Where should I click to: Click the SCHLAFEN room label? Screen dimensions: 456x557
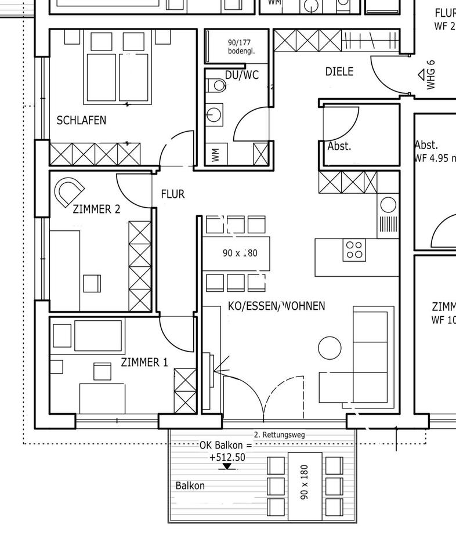coord(81,121)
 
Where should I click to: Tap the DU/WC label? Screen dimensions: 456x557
coord(242,75)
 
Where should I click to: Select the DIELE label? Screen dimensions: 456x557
coord(339,72)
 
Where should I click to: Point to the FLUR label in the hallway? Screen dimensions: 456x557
coord(173,194)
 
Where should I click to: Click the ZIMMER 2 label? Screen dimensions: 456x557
coord(96,209)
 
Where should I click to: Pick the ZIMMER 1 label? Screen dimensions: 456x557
coord(144,363)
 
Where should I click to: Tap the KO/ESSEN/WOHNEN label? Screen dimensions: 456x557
coord(276,306)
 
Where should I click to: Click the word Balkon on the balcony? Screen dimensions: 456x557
coord(190,486)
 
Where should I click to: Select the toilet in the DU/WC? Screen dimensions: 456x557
coord(218,86)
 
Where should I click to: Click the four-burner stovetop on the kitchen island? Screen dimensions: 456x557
coord(353,249)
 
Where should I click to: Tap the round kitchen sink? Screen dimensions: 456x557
coord(388,205)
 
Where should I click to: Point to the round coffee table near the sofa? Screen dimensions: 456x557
coord(330,348)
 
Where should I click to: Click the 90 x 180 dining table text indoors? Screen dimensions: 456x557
coord(240,253)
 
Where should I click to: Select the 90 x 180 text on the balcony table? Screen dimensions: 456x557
coord(305,482)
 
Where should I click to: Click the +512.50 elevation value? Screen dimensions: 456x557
coord(227,457)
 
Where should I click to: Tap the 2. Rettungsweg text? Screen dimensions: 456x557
coord(279,435)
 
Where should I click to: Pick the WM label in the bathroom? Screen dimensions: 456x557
coord(216,155)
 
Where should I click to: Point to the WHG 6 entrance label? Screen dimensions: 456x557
coord(430,75)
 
